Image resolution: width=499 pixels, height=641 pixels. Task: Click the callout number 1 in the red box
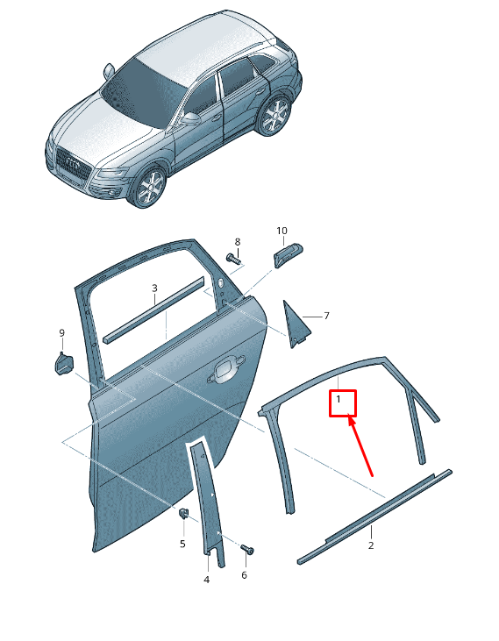point(339,399)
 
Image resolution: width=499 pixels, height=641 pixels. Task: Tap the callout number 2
point(371,545)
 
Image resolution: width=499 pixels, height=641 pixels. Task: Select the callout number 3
point(154,288)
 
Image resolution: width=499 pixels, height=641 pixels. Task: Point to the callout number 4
point(207,580)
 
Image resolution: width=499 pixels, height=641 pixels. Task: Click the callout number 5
point(182,545)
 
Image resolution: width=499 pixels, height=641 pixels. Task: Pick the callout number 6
point(244,575)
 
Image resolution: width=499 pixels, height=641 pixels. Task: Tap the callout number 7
point(326,316)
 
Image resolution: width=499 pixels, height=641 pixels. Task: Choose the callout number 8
point(238,242)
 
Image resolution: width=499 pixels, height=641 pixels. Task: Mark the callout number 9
point(61,333)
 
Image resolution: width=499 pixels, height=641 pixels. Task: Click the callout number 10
point(282,231)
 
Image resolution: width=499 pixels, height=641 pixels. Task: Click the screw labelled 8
point(234,259)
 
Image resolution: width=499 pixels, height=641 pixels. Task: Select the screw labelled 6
point(247,549)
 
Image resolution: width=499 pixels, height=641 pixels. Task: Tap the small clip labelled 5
point(184,513)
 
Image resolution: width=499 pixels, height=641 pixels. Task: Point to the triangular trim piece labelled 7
point(296,325)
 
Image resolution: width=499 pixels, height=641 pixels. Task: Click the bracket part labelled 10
point(288,255)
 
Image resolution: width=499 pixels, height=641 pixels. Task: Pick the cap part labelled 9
point(64,363)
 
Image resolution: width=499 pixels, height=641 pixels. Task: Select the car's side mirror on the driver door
point(190,119)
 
